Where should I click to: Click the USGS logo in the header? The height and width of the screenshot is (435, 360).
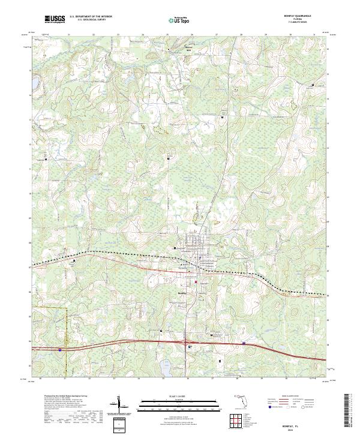click(55, 19)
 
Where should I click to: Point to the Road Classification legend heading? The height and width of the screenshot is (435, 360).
click(282, 397)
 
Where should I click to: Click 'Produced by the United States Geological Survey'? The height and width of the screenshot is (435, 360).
click(64, 397)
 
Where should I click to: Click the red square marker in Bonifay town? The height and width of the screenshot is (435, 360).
click(196, 281)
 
